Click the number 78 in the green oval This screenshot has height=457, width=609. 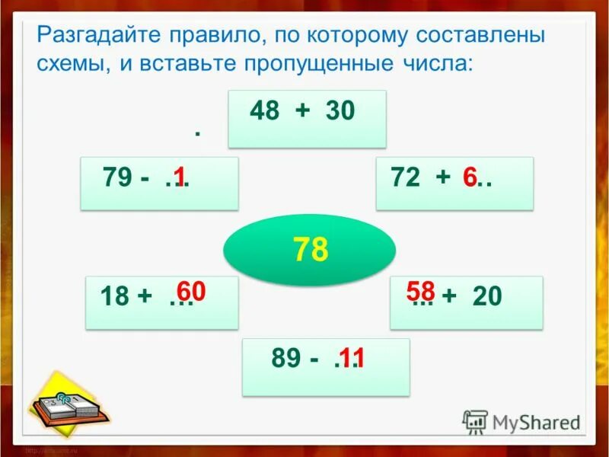(310, 249)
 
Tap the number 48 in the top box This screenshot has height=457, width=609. (266, 112)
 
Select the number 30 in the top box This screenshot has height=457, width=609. (340, 112)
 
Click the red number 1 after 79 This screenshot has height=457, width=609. (179, 177)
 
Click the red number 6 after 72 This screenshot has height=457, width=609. (470, 177)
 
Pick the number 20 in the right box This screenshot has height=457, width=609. (487, 297)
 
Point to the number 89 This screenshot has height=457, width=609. (287, 359)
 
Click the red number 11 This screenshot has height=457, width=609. (352, 358)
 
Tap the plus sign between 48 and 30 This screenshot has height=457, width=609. (303, 112)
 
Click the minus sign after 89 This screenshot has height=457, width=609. (314, 359)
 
